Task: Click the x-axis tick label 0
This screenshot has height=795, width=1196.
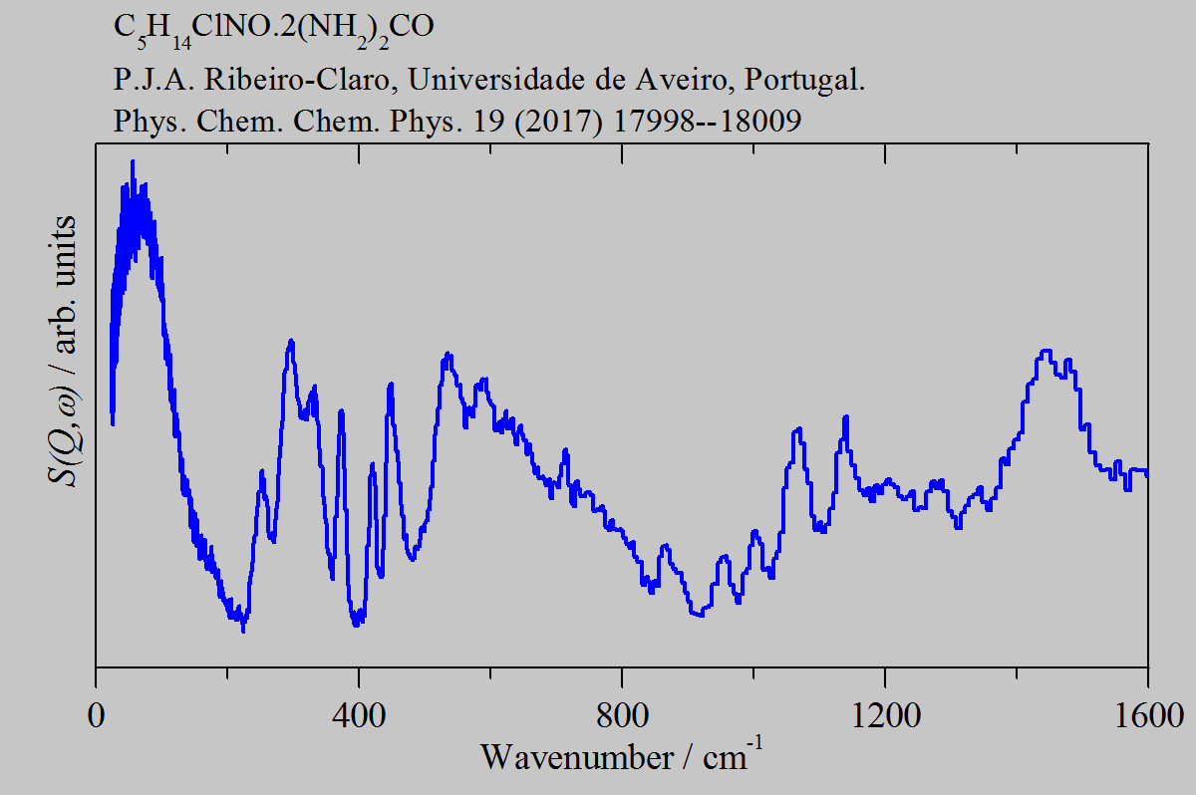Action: pos(97,715)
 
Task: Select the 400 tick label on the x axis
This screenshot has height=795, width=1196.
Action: pos(359,715)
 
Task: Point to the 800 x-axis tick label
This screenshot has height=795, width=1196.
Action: pos(622,715)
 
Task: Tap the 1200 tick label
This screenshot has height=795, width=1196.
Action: pos(884,715)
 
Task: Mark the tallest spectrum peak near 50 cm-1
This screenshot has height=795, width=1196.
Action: pos(132,161)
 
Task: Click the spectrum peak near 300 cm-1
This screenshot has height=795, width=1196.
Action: pos(291,341)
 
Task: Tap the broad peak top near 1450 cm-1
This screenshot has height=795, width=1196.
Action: pos(1045,351)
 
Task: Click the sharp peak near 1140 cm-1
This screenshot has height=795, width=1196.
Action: pos(846,417)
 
